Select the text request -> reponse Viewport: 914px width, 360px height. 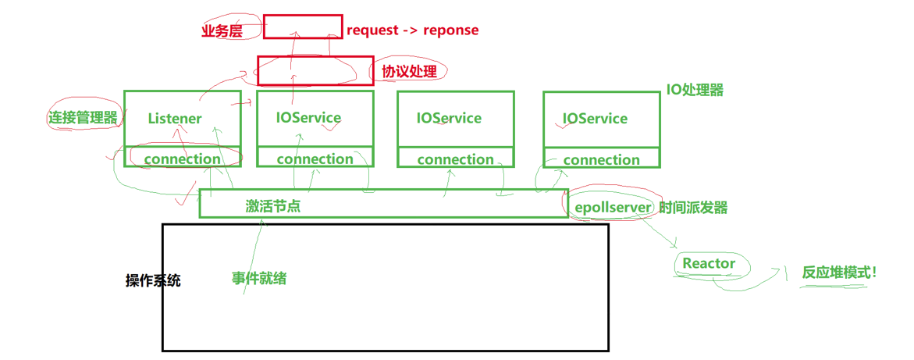[412, 30]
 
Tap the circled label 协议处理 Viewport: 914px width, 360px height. [409, 72]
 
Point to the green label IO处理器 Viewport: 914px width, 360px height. [694, 90]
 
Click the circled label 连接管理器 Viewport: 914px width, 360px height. [84, 118]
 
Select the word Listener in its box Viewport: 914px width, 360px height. [175, 119]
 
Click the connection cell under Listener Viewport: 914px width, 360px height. [182, 159]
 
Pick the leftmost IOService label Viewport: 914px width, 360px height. [308, 118]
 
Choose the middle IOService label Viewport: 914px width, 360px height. [449, 118]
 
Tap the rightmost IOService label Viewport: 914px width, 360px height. [595, 119]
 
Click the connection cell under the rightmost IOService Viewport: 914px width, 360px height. [601, 159]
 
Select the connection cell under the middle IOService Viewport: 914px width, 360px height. [455, 159]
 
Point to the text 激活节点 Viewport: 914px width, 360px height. [273, 206]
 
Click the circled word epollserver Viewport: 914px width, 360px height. [613, 208]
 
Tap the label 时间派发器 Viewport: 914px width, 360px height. [693, 208]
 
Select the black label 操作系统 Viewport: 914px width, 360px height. [153, 280]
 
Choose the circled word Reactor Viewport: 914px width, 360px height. [709, 263]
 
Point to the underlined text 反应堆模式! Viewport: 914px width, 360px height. [839, 273]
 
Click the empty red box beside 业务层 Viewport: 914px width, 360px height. [303, 27]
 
